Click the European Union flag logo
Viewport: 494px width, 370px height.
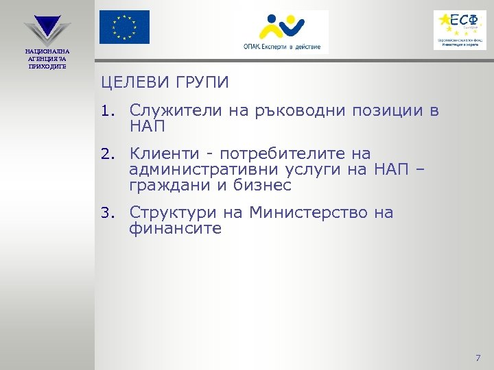pos(123,27)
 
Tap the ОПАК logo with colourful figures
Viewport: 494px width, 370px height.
pos(281,32)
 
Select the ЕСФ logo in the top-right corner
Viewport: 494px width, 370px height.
pos(459,29)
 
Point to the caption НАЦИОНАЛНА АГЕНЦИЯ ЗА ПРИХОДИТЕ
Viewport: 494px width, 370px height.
pos(47,58)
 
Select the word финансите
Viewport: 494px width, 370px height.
pos(175,229)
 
